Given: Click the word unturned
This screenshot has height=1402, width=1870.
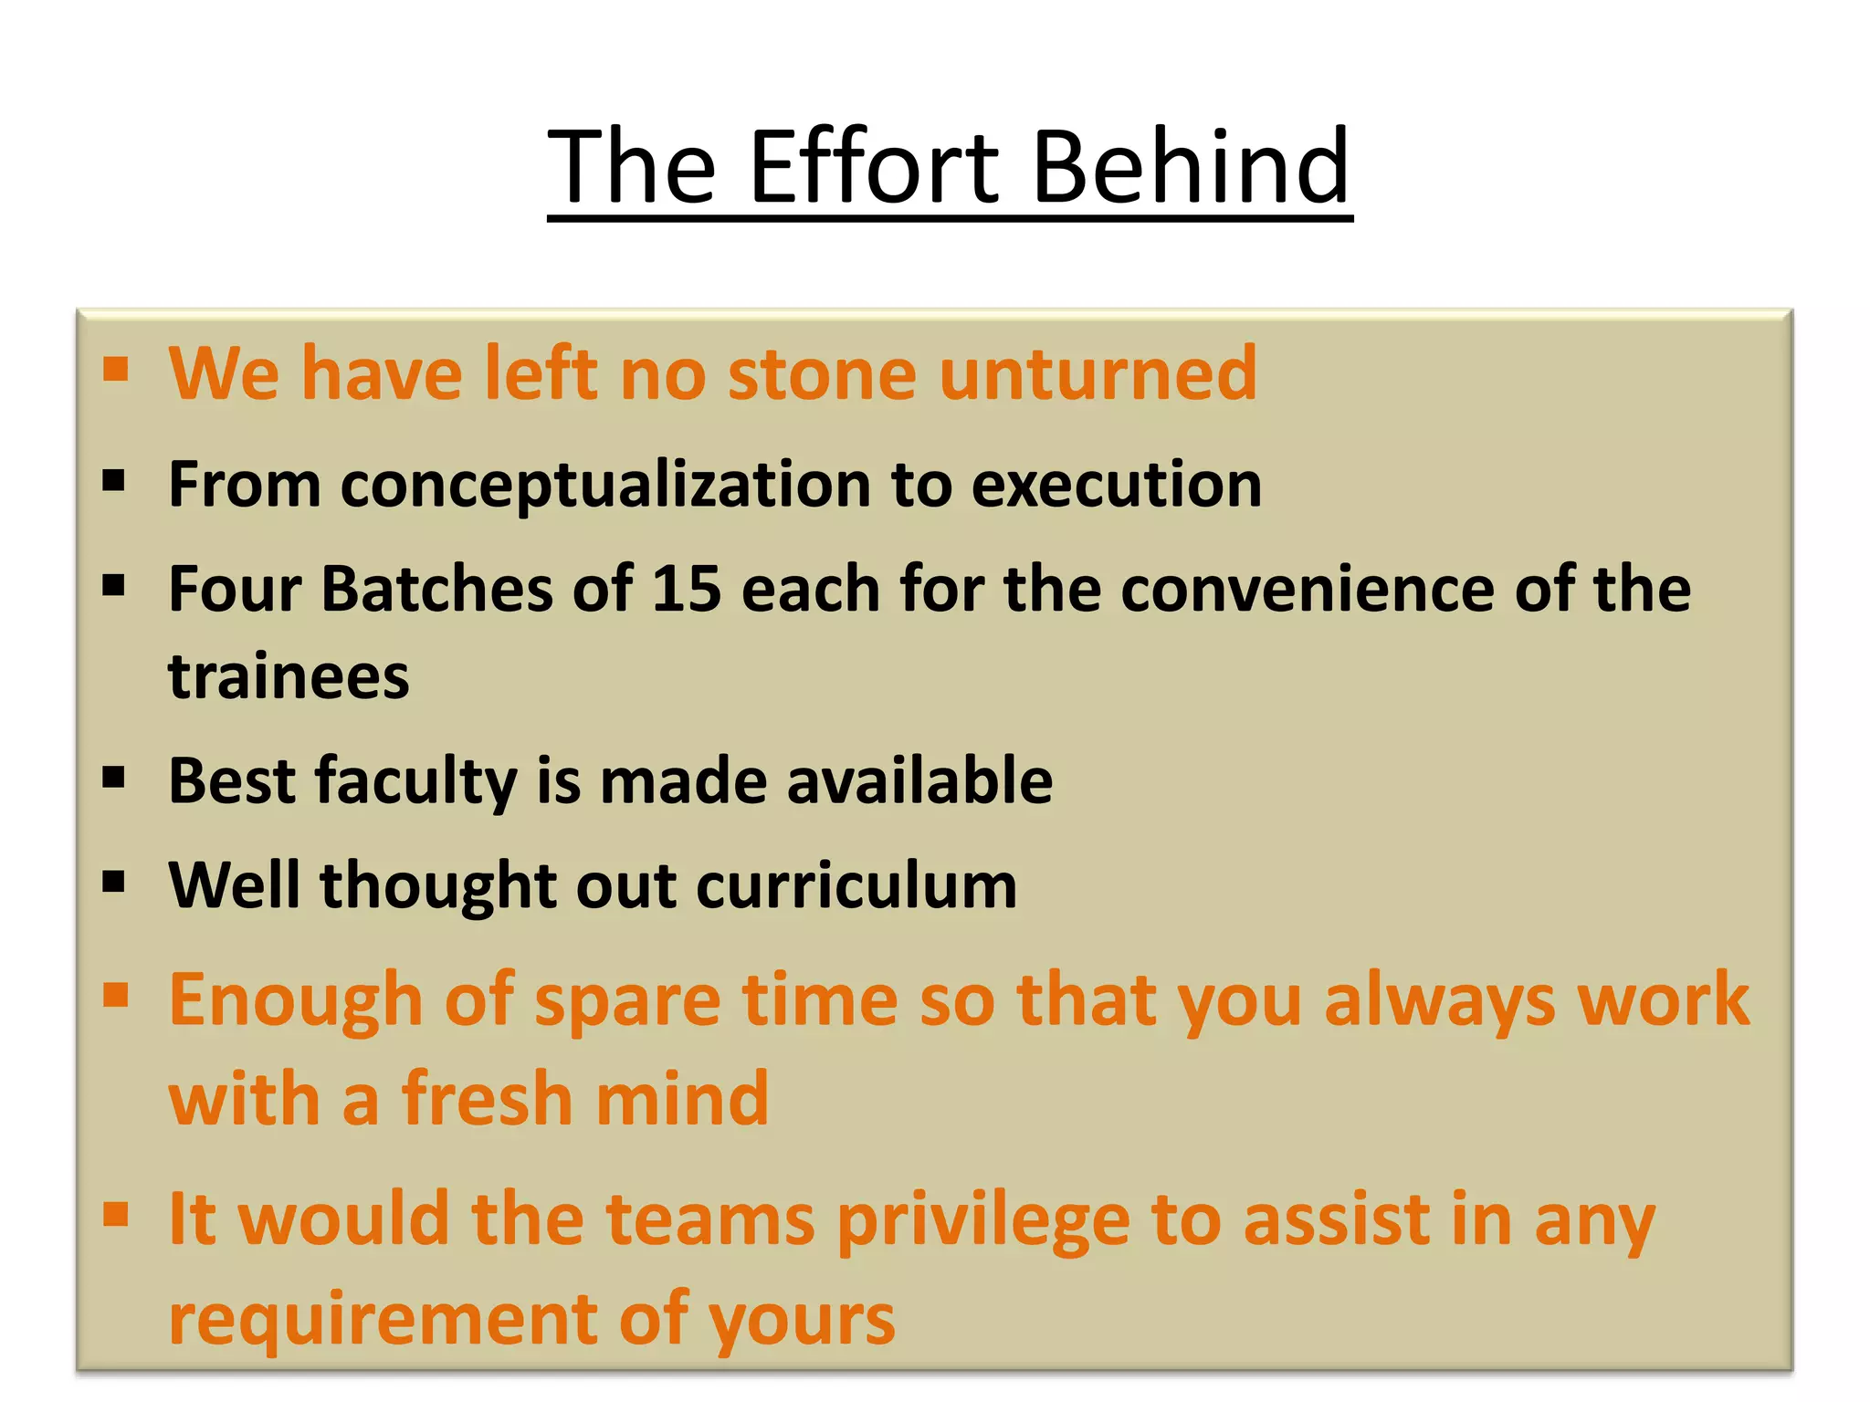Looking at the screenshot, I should pyautogui.click(x=1098, y=374).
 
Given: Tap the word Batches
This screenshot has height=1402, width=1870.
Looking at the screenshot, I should pyautogui.click(x=436, y=589).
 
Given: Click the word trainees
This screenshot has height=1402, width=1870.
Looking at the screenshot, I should pyautogui.click(x=289, y=677).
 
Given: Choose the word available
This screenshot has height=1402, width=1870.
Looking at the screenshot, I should pyautogui.click(x=919, y=781).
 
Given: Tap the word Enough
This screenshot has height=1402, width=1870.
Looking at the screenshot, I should pyautogui.click(x=296, y=1001).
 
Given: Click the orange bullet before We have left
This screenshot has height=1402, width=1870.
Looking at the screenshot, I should pyautogui.click(x=115, y=370).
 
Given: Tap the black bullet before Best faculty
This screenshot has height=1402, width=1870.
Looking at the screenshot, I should pyautogui.click(x=114, y=778).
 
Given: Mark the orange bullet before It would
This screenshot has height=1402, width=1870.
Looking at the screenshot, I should pyautogui.click(x=115, y=1216).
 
